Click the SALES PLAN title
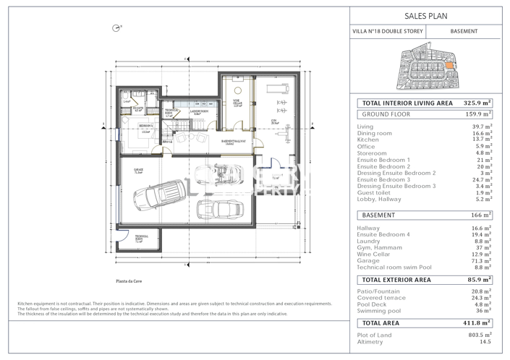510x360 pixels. [x=428, y=14]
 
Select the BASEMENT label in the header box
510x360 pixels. [x=464, y=32]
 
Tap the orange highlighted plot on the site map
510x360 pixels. [x=450, y=66]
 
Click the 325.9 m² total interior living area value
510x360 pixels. [x=477, y=103]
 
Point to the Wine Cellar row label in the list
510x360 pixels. [x=375, y=254]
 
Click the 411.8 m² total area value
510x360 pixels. [x=477, y=323]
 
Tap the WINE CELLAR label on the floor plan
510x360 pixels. [x=237, y=102]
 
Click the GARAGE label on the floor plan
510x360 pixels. [x=138, y=171]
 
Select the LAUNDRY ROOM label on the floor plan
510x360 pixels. [x=200, y=112]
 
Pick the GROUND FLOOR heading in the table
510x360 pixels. [x=386, y=114]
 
